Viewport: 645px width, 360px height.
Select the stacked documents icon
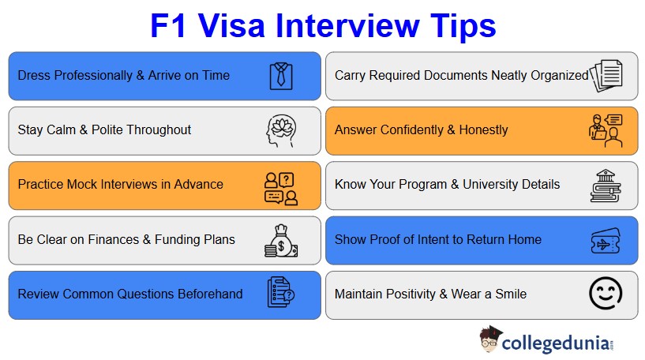[606, 75]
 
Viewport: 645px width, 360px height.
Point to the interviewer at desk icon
[606, 130]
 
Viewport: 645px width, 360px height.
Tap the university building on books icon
[606, 186]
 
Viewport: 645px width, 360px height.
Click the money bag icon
[280, 241]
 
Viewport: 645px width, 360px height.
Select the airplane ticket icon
[606, 240]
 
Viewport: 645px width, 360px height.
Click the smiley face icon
[606, 294]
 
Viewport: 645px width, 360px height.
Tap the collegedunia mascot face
[489, 341]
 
